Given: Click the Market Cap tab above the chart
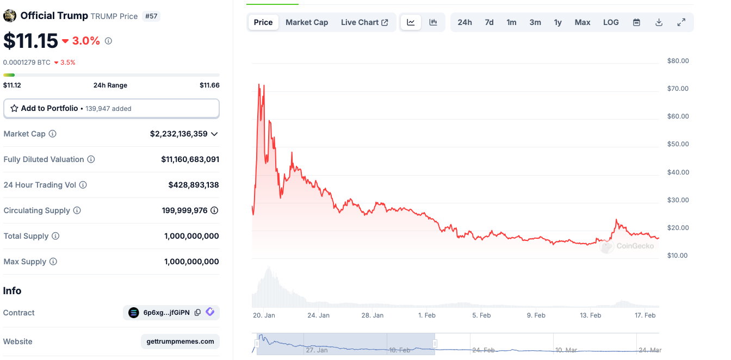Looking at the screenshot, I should pos(307,22).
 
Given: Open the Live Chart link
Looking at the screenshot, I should pos(364,22).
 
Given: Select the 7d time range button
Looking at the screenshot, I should pos(489,22).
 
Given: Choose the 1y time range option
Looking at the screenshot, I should pos(557,22).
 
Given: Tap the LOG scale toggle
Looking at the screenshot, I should pos(611,22).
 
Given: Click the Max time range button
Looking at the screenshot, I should pos(583,22).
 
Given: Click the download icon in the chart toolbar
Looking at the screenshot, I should pos(659,22).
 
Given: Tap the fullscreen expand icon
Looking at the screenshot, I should pos(681,22).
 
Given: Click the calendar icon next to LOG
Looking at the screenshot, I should pos(636,22).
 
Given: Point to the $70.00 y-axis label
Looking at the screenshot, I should pos(678,89).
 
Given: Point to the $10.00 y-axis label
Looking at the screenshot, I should pos(678,256).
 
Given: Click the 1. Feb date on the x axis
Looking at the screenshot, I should pos(426,315).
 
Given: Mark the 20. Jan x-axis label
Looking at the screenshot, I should pos(264,315).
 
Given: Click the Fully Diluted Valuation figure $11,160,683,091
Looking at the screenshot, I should pos(190,159).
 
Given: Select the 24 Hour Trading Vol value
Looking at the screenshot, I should pos(194,185).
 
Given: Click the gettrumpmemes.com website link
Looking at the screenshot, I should pos(180,342).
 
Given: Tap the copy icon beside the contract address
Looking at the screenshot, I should pos(197,313).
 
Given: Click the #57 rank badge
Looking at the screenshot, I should pos(151,16).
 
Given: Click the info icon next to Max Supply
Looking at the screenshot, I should pos(53,262).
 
